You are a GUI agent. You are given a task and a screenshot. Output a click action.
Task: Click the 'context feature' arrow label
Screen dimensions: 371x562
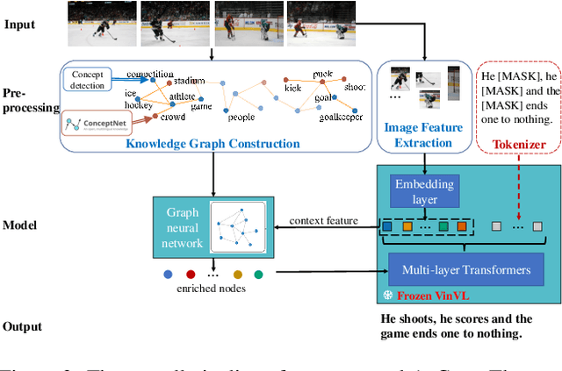point(323,220)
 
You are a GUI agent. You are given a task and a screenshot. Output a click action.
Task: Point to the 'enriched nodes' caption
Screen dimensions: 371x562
point(212,287)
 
